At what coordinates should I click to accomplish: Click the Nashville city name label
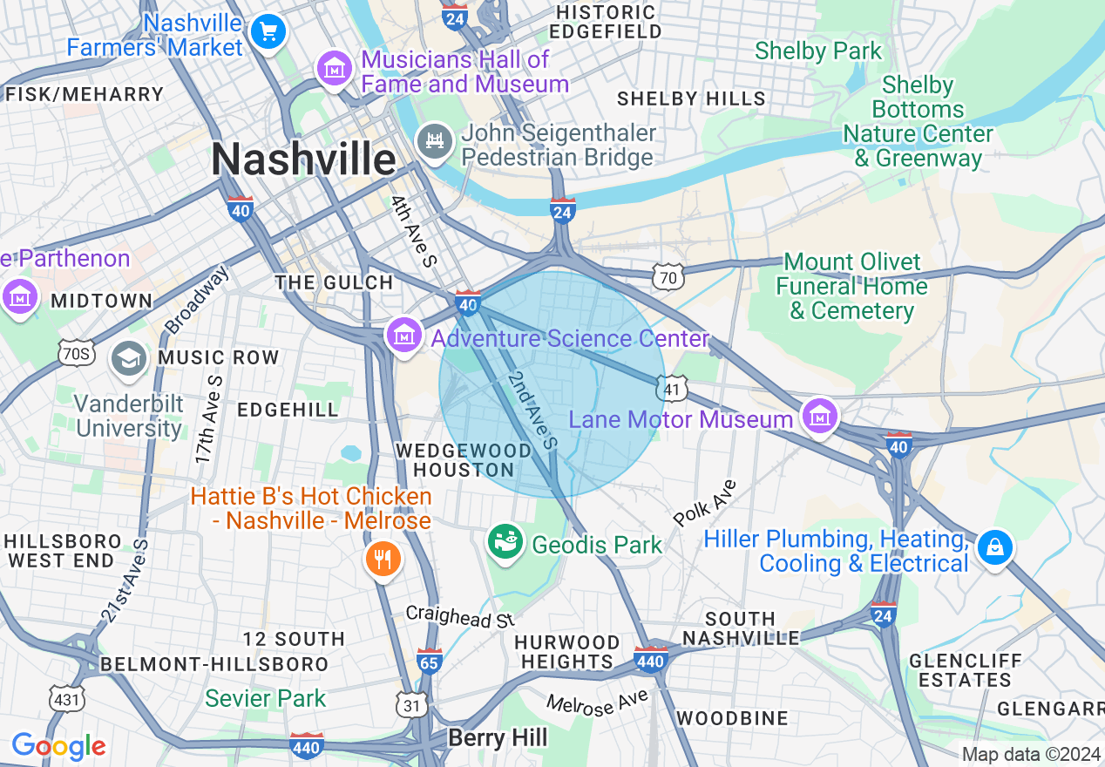[x=303, y=160]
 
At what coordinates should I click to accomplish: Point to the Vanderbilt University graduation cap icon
[x=129, y=359]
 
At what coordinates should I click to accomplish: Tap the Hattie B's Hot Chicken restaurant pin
[x=383, y=556]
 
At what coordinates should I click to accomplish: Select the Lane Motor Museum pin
[x=819, y=417]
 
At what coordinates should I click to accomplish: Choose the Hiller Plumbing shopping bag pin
[x=993, y=547]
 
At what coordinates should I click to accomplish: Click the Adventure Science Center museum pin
[x=404, y=336]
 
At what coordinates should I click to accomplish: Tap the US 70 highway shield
[x=669, y=277]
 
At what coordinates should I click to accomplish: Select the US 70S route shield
[x=78, y=353]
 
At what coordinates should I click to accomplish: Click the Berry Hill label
[x=498, y=738]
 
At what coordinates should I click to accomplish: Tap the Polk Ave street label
[x=705, y=503]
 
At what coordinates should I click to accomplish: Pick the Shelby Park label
[x=818, y=51]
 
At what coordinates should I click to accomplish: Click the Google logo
[x=59, y=746]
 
